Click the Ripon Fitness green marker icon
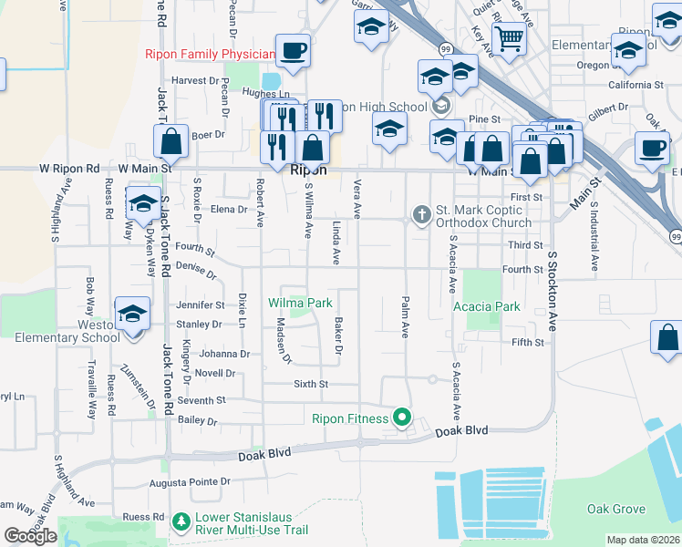click(x=402, y=419)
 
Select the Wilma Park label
click(x=299, y=303)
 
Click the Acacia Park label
click(x=487, y=306)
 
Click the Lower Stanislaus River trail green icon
click(x=181, y=523)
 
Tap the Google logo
click(x=30, y=536)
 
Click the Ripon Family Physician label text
click(x=209, y=54)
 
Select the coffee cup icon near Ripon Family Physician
click(x=293, y=50)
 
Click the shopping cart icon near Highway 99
click(x=510, y=39)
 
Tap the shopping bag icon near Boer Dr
click(x=170, y=142)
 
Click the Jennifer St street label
click(x=200, y=304)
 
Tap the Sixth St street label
click(x=310, y=384)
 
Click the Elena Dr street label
click(x=229, y=209)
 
